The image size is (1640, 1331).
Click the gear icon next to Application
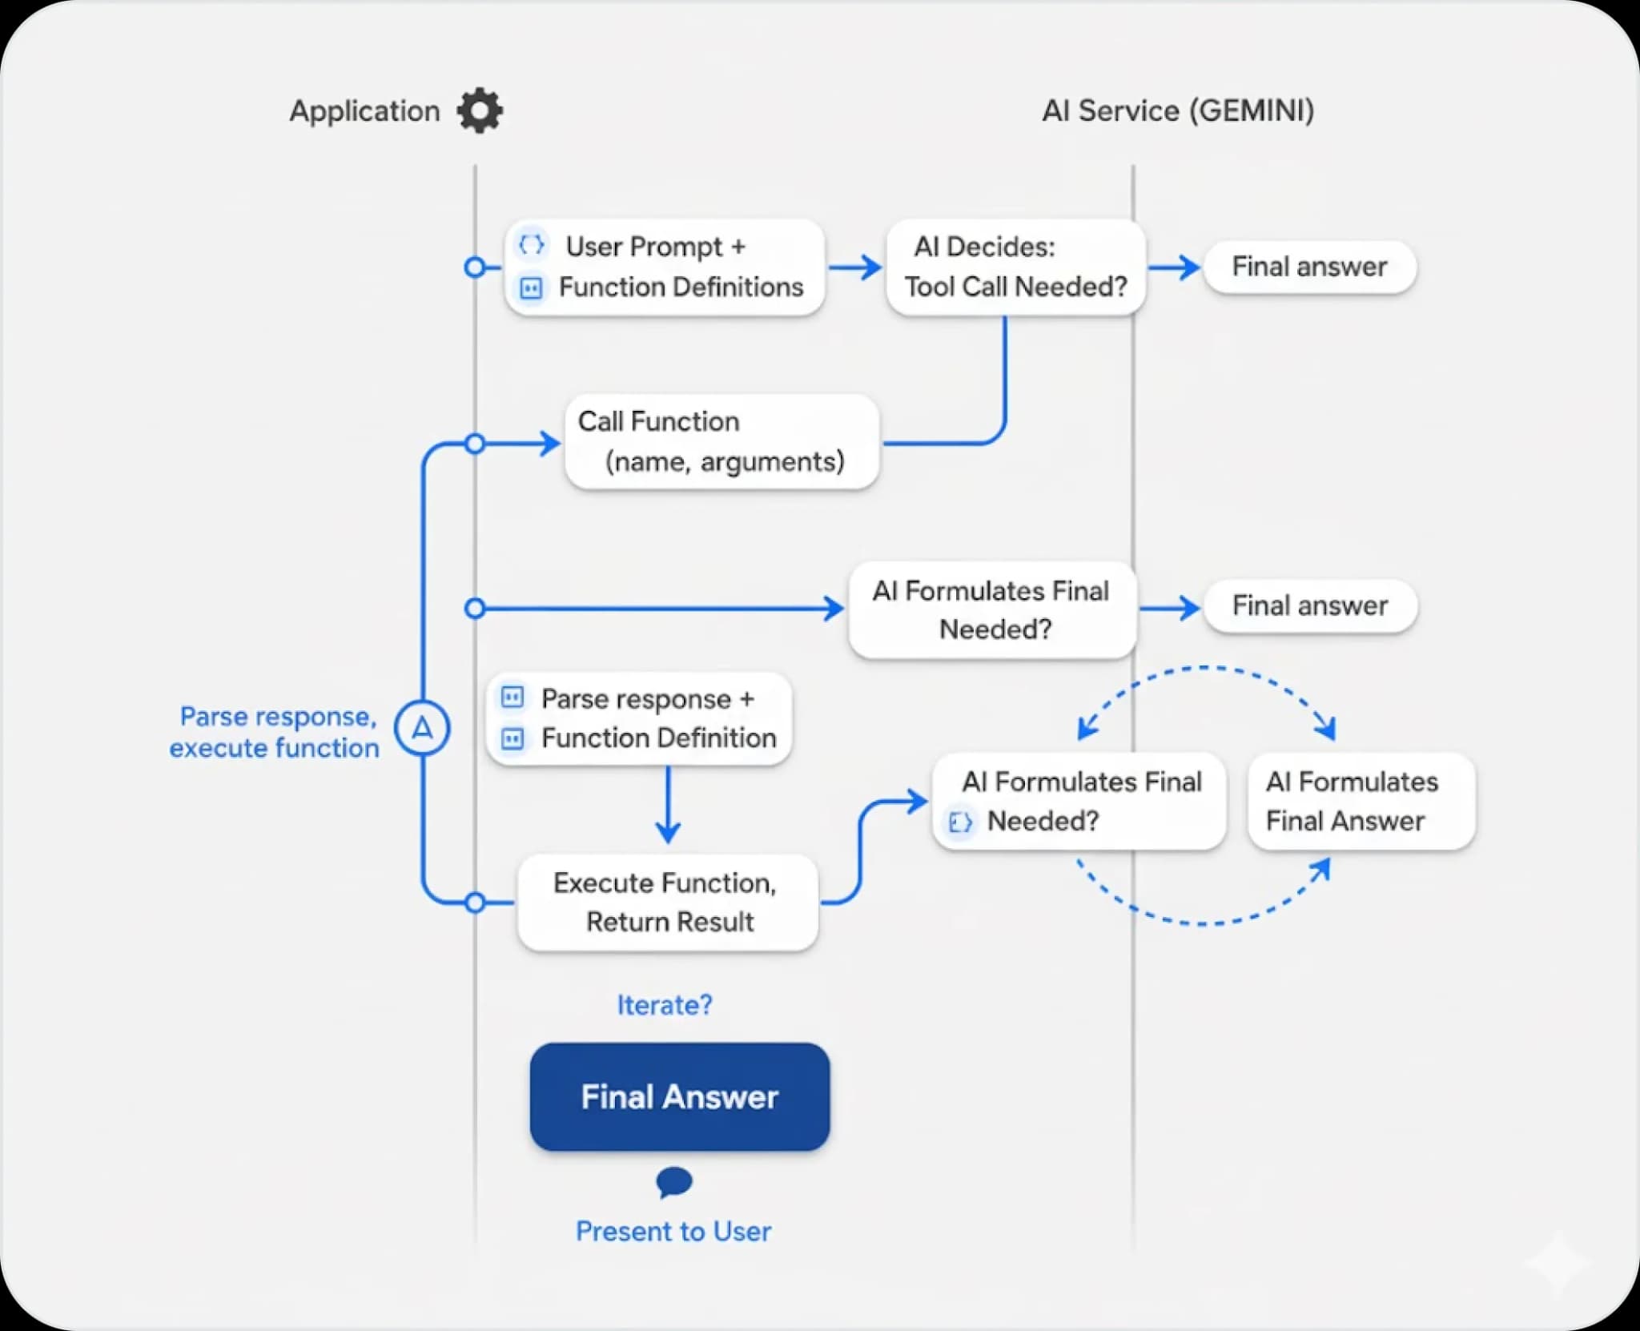[480, 111]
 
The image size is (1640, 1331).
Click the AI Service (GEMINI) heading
[1177, 111]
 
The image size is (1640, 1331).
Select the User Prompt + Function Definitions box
[665, 267]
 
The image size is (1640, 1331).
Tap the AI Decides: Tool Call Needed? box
[1015, 267]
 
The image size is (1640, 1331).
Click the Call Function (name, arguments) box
[722, 441]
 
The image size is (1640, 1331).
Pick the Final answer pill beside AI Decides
[1309, 267]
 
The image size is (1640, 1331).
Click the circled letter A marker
[422, 728]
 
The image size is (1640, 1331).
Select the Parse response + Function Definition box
[639, 718]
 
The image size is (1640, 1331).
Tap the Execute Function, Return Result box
[668, 903]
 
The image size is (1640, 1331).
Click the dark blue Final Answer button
[679, 1096]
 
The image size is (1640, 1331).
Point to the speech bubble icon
[673, 1181]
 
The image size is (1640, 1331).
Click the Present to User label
[673, 1231]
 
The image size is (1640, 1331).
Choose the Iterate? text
[664, 1004]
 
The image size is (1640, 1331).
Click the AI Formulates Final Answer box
[1361, 801]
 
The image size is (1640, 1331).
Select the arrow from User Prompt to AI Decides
[854, 267]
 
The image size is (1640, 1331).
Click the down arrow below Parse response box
[668, 805]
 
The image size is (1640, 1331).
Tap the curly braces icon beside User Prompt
[531, 244]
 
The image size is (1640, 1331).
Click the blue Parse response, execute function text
[275, 732]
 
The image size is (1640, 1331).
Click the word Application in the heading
[364, 111]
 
